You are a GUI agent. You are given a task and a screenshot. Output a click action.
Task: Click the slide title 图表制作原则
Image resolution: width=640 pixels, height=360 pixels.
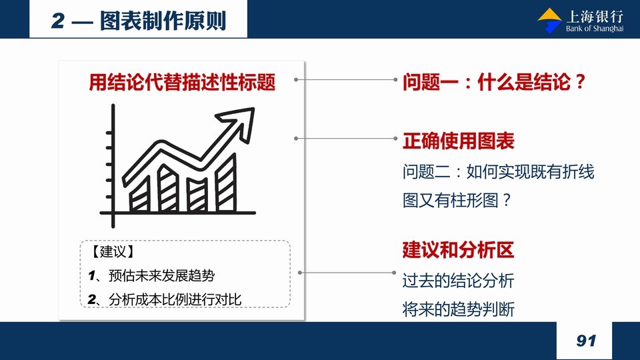[x=163, y=21]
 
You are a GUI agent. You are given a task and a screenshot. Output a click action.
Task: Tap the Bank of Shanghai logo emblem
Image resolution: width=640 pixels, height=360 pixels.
[x=550, y=21]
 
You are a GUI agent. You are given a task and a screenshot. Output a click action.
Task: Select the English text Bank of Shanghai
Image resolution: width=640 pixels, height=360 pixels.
[x=594, y=29]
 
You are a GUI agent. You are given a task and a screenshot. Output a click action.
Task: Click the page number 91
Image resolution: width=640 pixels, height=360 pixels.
[x=586, y=341]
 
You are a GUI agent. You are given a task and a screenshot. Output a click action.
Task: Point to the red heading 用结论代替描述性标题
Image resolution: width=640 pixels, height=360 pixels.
[x=182, y=82]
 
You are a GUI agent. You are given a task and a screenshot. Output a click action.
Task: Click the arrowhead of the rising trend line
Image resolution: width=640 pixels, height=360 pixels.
[x=239, y=121]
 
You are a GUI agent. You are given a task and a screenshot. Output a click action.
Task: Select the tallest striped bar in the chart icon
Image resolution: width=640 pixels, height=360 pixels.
[x=226, y=182]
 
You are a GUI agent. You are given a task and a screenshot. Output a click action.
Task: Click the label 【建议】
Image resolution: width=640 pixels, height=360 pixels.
[x=113, y=251]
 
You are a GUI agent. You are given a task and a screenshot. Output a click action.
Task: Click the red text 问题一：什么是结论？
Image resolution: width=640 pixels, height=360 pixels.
[x=495, y=82]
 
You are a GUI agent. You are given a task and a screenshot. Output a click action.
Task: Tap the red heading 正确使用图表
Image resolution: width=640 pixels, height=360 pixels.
[x=459, y=141]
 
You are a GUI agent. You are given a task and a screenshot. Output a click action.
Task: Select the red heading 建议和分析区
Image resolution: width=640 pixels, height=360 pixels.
[x=459, y=250]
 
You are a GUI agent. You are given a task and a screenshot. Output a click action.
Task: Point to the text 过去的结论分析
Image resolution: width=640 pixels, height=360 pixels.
[x=459, y=281]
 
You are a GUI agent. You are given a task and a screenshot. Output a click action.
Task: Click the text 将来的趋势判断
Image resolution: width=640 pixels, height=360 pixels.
[x=459, y=309]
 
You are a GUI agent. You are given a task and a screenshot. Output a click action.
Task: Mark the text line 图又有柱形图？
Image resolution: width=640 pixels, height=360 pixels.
[x=457, y=201]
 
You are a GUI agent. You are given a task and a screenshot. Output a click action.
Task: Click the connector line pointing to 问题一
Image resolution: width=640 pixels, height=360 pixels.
[x=346, y=79]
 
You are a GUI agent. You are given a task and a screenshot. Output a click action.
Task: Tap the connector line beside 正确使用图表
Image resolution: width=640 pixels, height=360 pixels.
[x=346, y=139]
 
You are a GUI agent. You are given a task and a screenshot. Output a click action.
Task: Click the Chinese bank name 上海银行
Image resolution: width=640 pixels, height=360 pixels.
[x=595, y=17]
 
